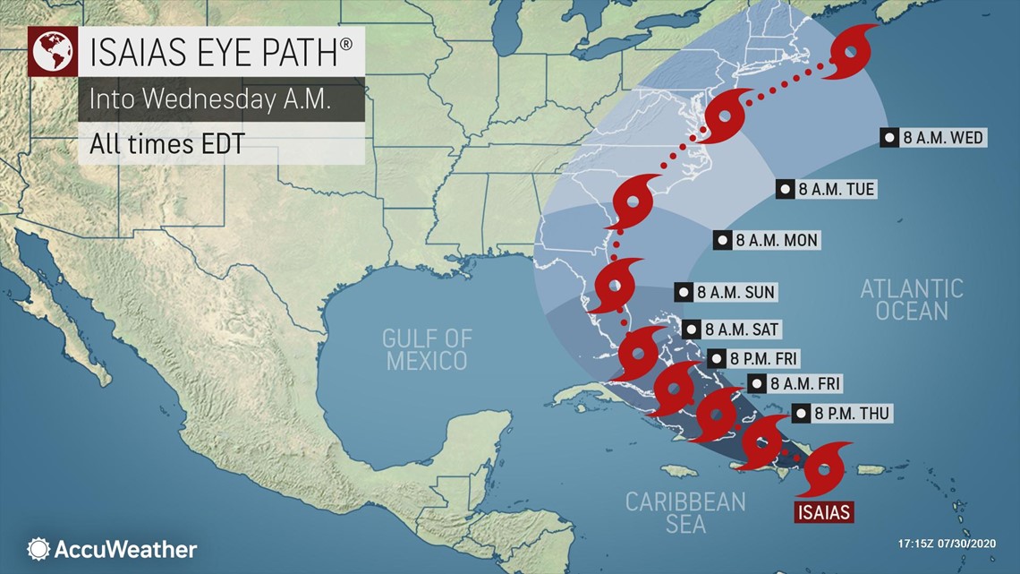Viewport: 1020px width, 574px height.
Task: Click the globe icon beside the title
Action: (51, 53)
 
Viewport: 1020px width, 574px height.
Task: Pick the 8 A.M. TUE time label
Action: (826, 189)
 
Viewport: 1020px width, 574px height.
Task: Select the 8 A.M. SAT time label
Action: (731, 330)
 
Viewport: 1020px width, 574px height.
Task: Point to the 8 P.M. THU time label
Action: (840, 413)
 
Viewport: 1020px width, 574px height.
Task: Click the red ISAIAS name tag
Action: (823, 512)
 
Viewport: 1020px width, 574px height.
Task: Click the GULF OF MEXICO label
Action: (425, 349)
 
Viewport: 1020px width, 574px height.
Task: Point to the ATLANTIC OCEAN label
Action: (911, 299)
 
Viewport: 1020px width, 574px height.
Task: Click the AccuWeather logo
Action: (112, 549)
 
